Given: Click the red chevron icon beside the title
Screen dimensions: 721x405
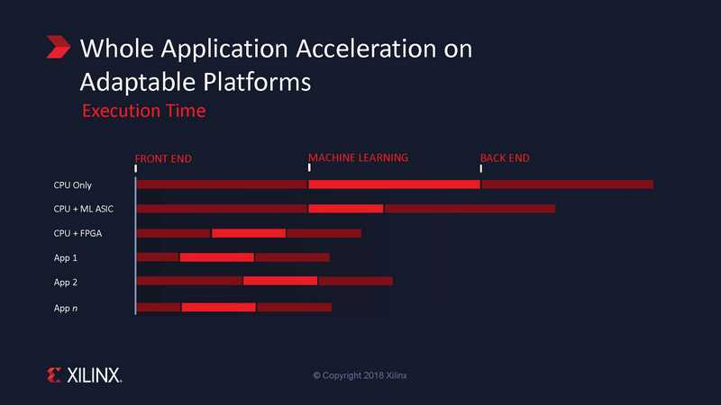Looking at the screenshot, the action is (59, 47).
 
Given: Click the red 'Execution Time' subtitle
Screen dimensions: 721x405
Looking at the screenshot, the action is (144, 111).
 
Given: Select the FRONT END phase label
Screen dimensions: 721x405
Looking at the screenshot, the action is (163, 159).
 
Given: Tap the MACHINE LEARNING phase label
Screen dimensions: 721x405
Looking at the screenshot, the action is (358, 158).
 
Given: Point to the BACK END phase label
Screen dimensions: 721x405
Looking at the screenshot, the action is (505, 158).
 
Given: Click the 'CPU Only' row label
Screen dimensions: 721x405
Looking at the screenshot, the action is (73, 185).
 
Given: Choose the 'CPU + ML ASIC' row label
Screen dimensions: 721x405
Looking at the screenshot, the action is (83, 209).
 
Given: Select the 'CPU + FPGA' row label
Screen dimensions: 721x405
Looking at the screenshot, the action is (78, 233).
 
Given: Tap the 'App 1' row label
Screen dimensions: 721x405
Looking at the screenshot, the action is (65, 257).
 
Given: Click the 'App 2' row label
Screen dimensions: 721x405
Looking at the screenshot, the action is (65, 282).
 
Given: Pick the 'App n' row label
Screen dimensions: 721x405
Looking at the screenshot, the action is (65, 308).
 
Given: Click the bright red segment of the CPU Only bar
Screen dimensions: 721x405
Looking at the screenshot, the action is (394, 184).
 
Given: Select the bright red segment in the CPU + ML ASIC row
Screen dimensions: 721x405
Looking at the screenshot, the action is (346, 209).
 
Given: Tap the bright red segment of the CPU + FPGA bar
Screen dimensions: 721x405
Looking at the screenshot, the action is (249, 233).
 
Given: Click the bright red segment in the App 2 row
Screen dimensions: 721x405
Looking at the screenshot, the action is (280, 281).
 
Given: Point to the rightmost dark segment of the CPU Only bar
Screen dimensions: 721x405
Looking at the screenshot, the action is (568, 184).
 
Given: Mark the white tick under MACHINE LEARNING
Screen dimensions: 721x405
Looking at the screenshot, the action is (309, 167).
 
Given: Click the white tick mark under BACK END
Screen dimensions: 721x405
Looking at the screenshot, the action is (481, 168).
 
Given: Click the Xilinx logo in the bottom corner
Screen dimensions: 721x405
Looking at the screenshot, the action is (84, 375).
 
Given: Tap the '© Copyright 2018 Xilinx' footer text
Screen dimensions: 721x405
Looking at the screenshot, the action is (360, 375).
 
